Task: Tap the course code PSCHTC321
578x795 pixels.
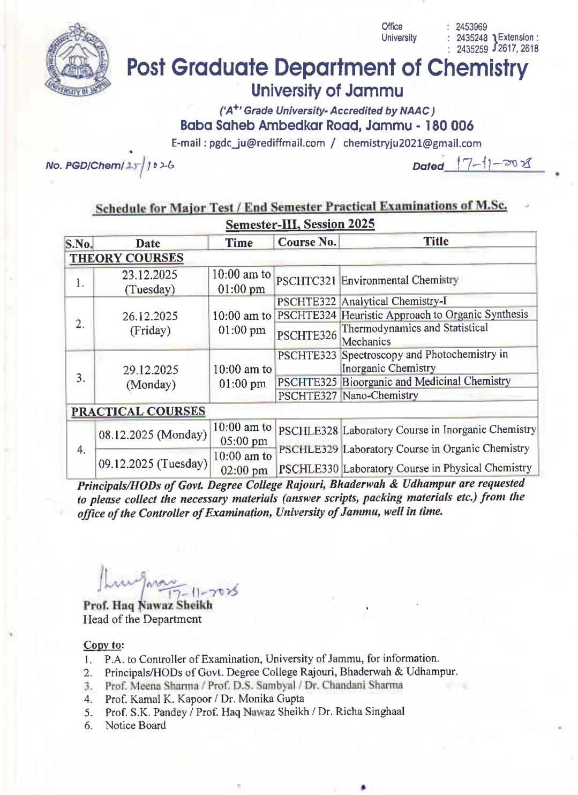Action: click(306, 281)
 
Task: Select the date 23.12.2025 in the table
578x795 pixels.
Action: click(149, 275)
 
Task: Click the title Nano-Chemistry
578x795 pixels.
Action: click(380, 395)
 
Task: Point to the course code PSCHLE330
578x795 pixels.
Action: click(309, 469)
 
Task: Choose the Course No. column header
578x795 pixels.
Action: click(307, 242)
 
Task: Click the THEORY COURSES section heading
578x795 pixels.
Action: click(126, 258)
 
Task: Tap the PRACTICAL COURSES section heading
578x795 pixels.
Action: click(138, 411)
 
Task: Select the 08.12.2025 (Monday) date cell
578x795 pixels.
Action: click(153, 434)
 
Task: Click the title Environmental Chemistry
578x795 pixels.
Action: click(400, 280)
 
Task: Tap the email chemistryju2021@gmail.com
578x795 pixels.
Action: click(412, 143)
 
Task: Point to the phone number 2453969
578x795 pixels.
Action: click(471, 27)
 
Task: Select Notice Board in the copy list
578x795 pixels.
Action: click(136, 725)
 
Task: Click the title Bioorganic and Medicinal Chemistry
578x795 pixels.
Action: click(426, 381)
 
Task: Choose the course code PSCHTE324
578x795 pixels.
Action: click(306, 315)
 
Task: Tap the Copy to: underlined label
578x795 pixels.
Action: click(103, 645)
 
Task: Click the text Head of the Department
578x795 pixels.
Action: click(142, 619)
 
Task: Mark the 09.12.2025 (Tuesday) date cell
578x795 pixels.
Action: click(153, 463)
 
